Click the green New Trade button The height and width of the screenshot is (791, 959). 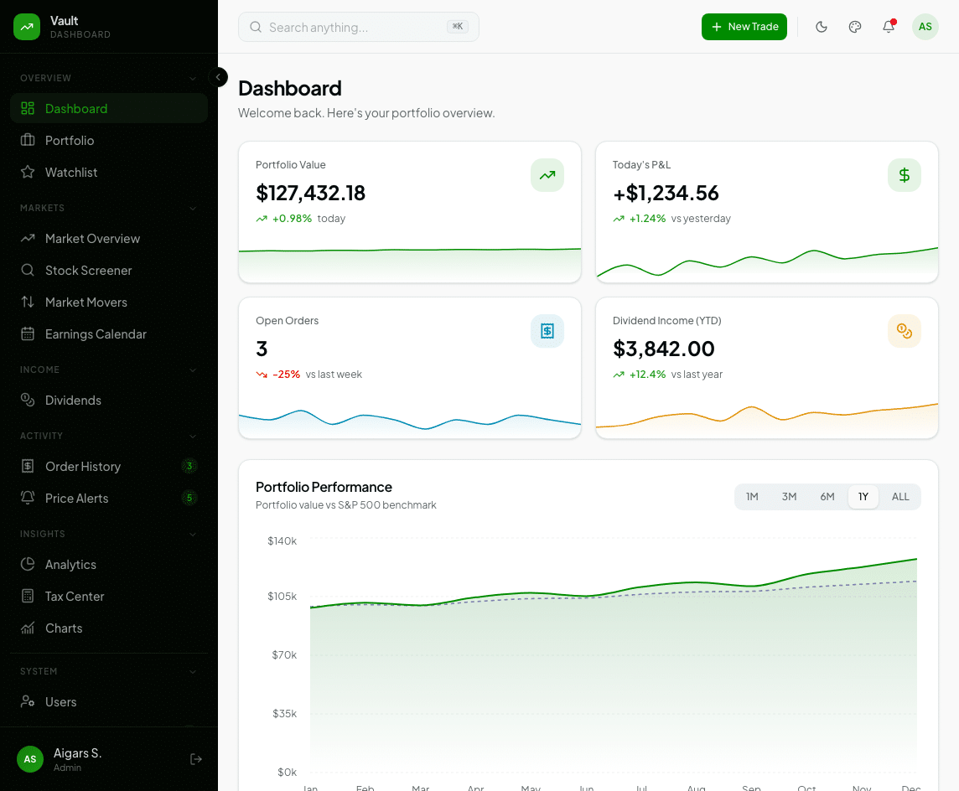[x=744, y=27]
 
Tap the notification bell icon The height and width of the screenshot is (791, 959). [x=889, y=27]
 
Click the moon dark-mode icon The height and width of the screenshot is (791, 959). [x=822, y=27]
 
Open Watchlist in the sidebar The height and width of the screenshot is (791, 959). [x=71, y=173]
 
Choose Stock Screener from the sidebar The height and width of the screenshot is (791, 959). [x=88, y=271]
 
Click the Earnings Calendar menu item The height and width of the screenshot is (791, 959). [x=96, y=334]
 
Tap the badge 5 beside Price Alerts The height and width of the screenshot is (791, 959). [x=189, y=499]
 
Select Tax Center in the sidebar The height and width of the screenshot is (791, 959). [x=75, y=597]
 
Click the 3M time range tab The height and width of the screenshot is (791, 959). [x=789, y=497]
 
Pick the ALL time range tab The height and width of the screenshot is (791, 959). [x=900, y=497]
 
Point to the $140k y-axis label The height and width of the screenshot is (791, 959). [x=282, y=541]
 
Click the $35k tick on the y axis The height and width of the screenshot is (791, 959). [x=283, y=714]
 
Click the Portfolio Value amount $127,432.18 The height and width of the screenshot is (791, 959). [x=310, y=194]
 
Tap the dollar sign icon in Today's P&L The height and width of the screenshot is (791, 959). [x=904, y=175]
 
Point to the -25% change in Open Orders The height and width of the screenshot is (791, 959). [x=286, y=375]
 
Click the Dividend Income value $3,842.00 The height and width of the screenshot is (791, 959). [x=663, y=349]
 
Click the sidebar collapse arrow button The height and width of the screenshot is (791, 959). [x=218, y=77]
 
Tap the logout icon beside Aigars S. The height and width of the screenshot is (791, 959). [x=196, y=759]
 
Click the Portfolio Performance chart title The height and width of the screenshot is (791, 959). [x=324, y=487]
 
